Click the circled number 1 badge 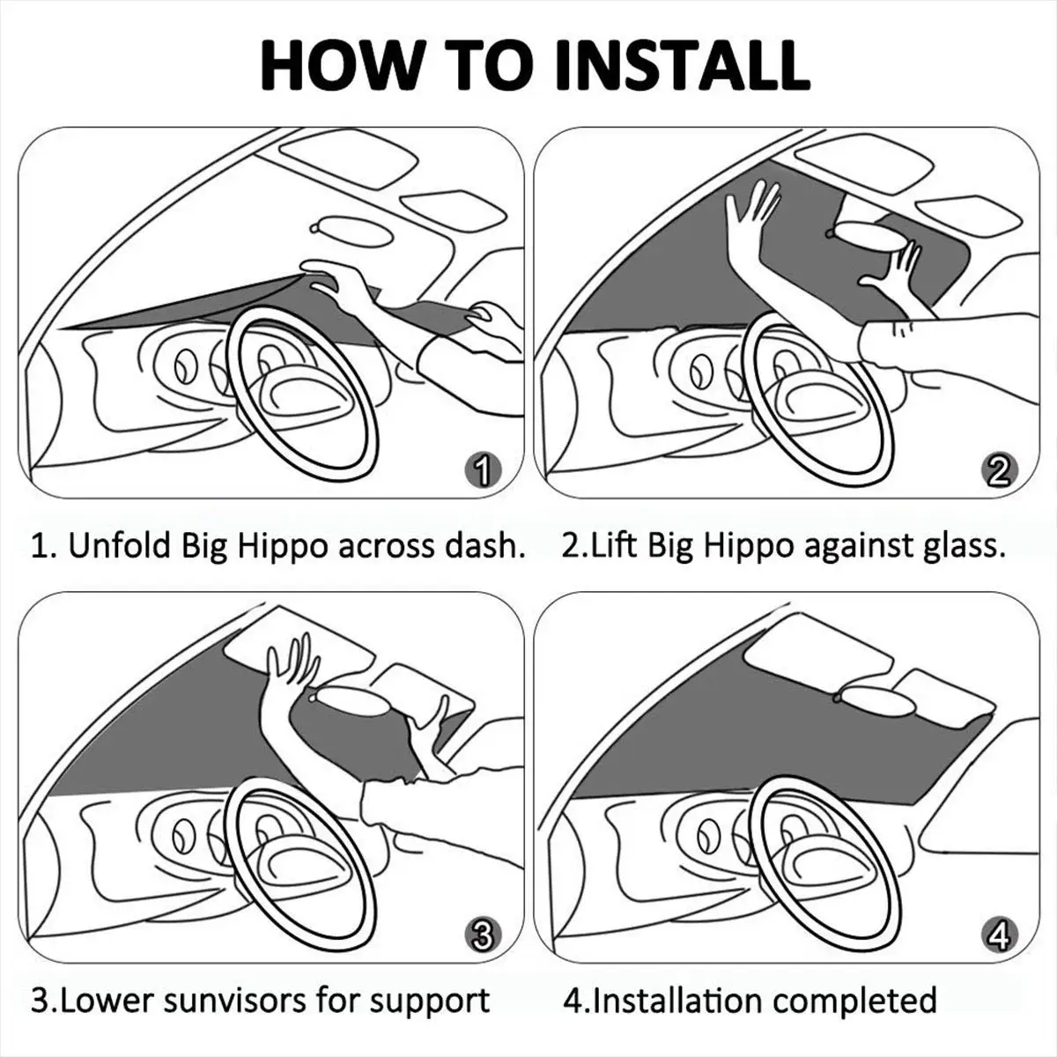point(480,473)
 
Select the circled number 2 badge point(998,473)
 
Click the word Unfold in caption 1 point(120,546)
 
